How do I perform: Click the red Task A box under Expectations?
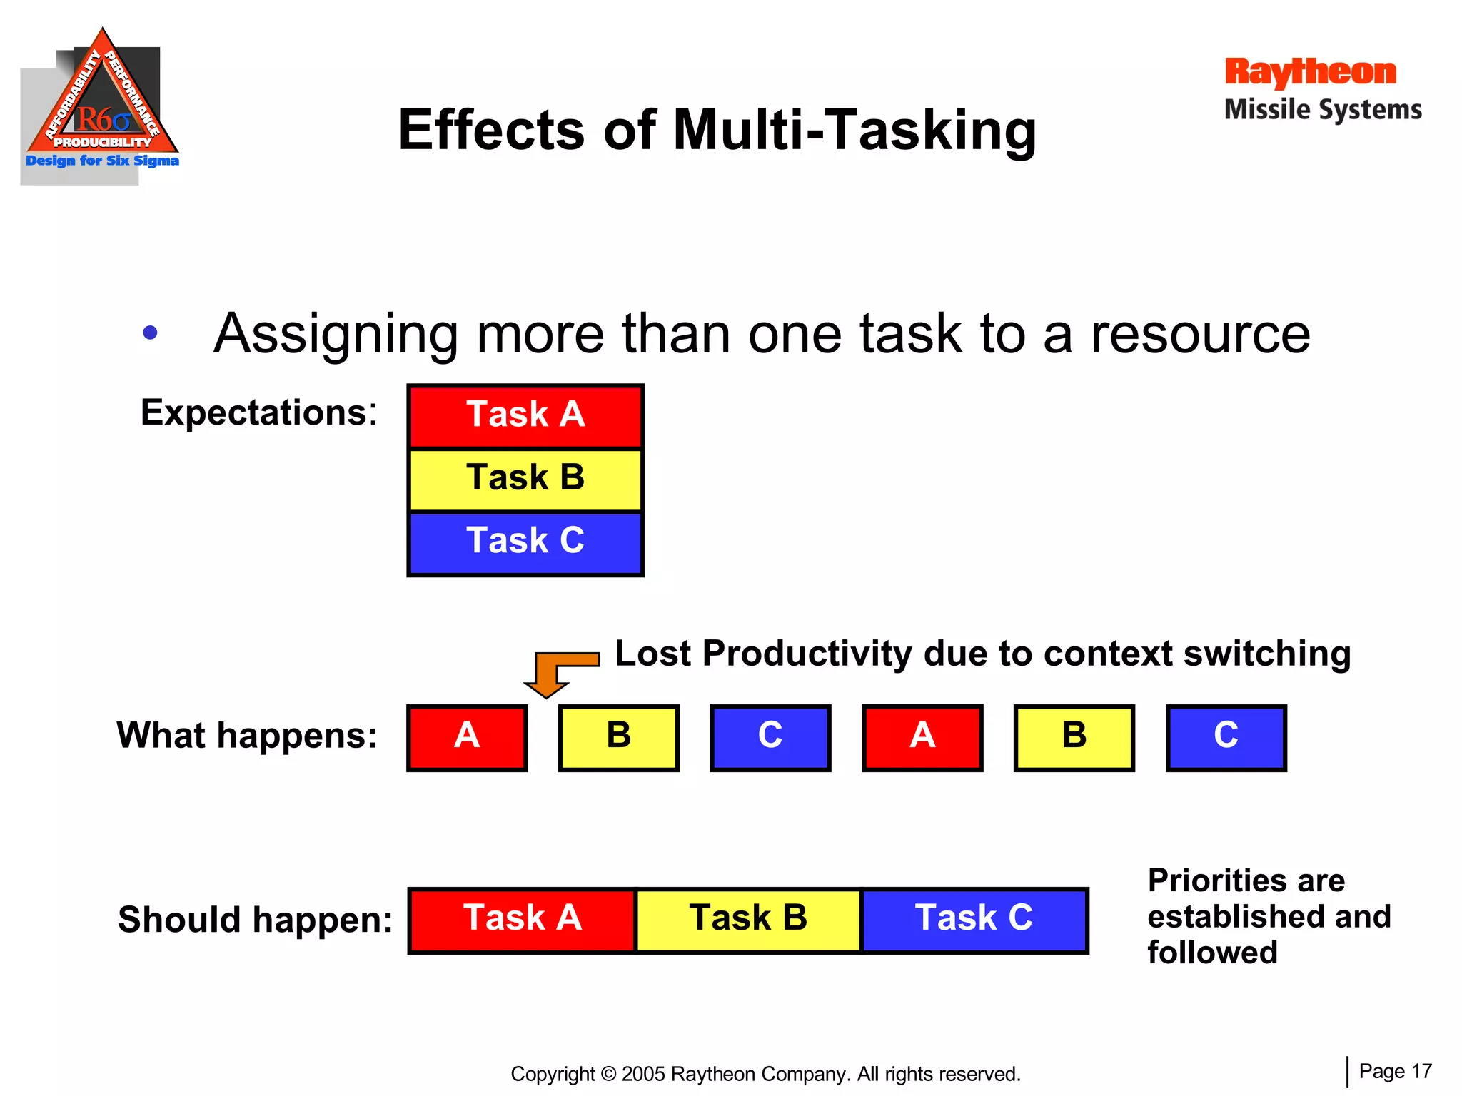tap(525, 416)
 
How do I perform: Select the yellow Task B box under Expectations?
tap(525, 479)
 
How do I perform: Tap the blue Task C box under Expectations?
tap(525, 542)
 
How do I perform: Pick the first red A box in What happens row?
tap(467, 738)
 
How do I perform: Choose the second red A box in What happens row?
tap(922, 738)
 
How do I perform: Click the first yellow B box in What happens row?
tap(618, 738)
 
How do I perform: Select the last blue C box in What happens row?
tap(1226, 738)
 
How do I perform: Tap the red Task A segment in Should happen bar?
tap(523, 920)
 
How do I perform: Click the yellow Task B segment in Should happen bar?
tap(748, 920)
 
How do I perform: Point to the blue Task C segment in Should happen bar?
tap(974, 920)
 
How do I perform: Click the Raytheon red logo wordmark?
tap(1310, 72)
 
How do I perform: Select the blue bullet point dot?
tap(150, 333)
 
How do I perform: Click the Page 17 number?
tap(1395, 1071)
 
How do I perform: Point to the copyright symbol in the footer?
tap(608, 1074)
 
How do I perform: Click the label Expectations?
tap(258, 412)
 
